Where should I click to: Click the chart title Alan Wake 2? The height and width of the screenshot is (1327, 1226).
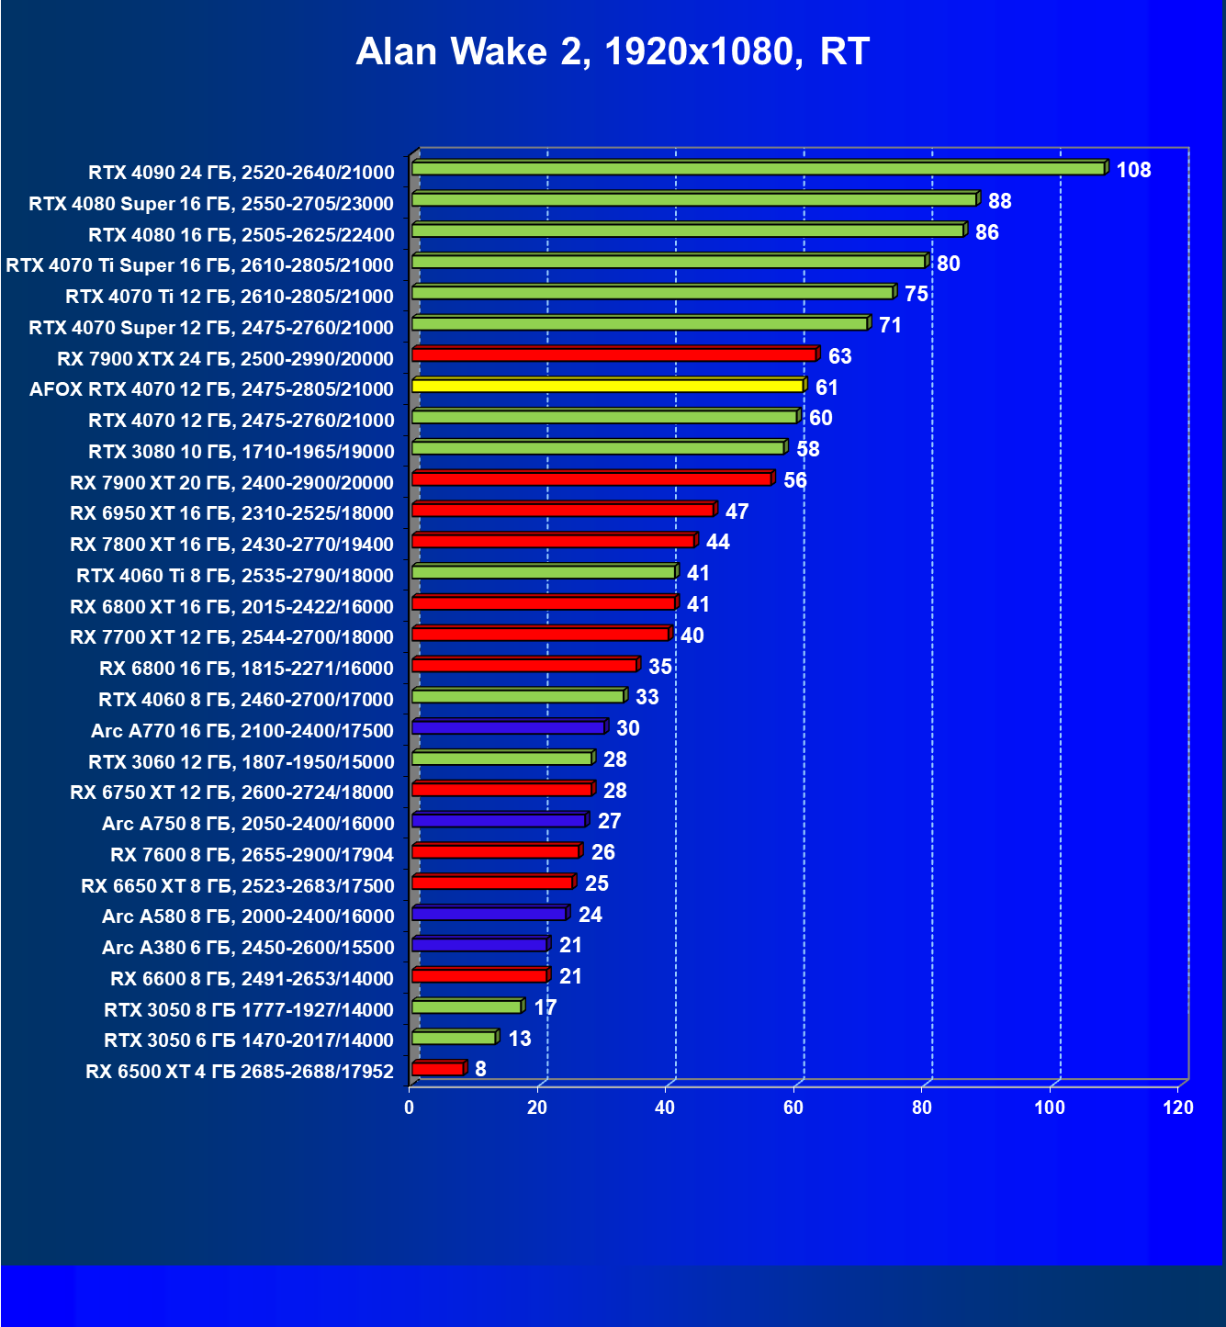[613, 52]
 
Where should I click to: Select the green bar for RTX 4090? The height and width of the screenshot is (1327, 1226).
[758, 169]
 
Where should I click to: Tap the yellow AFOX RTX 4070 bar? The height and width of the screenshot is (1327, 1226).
[608, 386]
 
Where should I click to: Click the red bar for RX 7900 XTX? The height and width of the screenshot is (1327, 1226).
[613, 354]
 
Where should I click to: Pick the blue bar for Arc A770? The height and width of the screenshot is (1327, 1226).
[508, 727]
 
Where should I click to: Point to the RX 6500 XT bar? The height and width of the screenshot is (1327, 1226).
[438, 1069]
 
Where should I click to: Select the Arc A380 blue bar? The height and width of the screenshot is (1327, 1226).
[479, 945]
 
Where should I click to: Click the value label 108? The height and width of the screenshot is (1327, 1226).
[1133, 170]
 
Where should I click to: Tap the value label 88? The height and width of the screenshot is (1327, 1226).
[999, 201]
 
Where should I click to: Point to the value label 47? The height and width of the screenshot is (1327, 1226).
[737, 512]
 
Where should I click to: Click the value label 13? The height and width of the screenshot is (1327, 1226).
[520, 1039]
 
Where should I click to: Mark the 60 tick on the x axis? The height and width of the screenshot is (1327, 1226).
[793, 1108]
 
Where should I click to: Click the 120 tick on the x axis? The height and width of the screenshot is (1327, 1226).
[1178, 1108]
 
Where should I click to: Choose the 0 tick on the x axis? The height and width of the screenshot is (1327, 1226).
[410, 1108]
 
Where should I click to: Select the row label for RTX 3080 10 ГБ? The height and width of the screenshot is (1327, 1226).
[242, 452]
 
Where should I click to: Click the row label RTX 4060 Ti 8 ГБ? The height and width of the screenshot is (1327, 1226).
[235, 576]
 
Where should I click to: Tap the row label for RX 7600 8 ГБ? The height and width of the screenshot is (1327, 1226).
[252, 855]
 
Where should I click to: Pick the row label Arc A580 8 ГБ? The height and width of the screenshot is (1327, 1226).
[248, 917]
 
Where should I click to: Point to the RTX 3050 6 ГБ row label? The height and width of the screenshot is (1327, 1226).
[249, 1040]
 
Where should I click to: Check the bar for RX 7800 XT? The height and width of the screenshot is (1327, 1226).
[553, 541]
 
